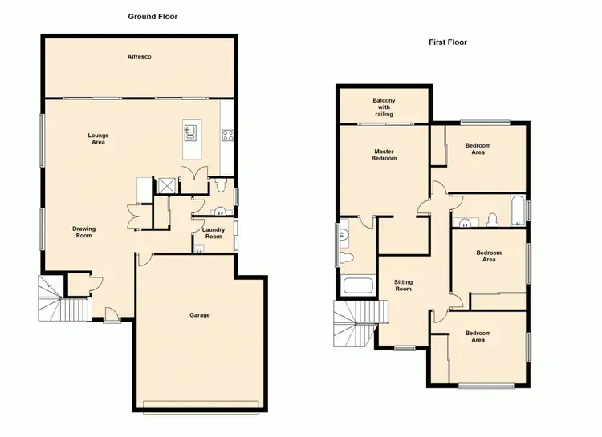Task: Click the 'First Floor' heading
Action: click(x=448, y=42)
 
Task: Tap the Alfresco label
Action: click(x=140, y=57)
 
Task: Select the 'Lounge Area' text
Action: click(x=98, y=139)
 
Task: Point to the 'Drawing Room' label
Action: click(x=84, y=233)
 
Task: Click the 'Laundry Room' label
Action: click(x=213, y=233)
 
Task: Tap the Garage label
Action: click(x=200, y=315)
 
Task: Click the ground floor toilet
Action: click(x=221, y=186)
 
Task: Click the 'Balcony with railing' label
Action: click(x=384, y=107)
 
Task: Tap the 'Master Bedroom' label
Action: click(x=384, y=155)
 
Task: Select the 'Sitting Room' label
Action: click(x=403, y=285)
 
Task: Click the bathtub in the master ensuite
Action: click(x=357, y=286)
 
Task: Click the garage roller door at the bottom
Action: click(x=201, y=403)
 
